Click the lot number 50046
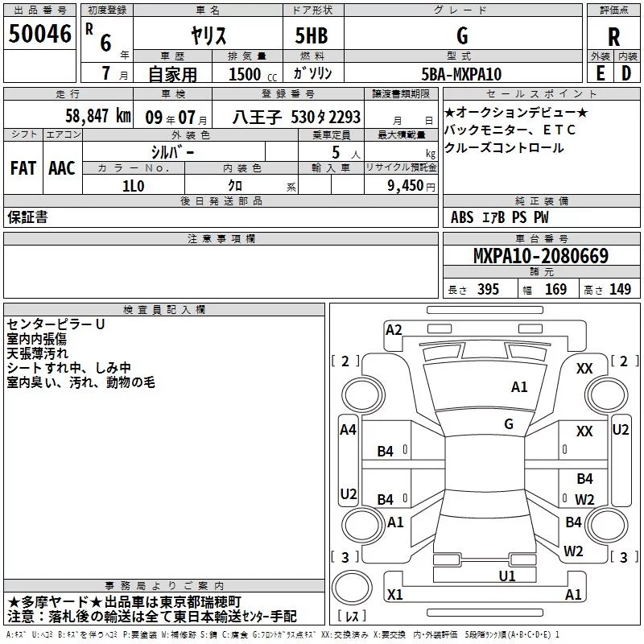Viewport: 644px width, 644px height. (x=39, y=34)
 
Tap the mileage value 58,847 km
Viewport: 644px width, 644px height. (x=98, y=116)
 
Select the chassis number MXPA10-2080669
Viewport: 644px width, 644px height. (x=541, y=255)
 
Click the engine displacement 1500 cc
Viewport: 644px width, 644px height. (x=253, y=74)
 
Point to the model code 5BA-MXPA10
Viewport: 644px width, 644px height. (x=461, y=74)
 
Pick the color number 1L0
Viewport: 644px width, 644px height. (x=133, y=186)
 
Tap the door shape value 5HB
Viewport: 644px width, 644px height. (x=312, y=35)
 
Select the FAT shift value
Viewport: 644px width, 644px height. (x=23, y=168)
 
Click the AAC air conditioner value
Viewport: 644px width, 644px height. (x=62, y=168)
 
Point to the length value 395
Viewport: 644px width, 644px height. (x=488, y=289)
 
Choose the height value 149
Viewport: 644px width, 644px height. (x=620, y=289)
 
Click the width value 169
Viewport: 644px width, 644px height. (x=555, y=289)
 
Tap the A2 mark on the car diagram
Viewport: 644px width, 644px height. (x=394, y=330)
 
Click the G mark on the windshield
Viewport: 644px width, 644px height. (x=509, y=423)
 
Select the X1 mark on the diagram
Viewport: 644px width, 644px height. (x=394, y=594)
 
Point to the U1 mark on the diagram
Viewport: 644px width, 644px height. (x=507, y=576)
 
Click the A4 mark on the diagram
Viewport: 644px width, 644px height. (x=348, y=430)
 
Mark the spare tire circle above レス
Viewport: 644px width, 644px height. (x=352, y=588)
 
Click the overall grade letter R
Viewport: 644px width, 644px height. (x=613, y=37)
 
